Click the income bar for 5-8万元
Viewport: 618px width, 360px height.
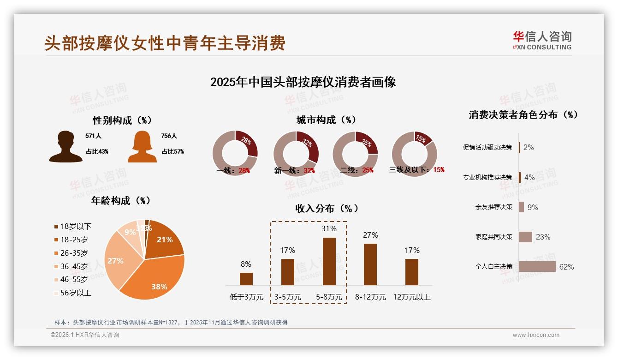click(x=329, y=261)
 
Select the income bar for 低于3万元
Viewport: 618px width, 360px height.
click(x=246, y=279)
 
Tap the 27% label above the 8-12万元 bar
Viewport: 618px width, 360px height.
click(x=370, y=235)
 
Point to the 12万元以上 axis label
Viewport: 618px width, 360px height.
click(x=411, y=297)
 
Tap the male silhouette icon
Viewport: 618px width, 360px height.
click(x=66, y=147)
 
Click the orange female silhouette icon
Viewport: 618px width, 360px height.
click(x=142, y=147)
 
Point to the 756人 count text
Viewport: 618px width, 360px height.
click(x=169, y=136)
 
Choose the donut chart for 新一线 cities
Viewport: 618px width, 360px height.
click(x=296, y=154)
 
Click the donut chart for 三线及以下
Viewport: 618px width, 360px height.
click(x=414, y=154)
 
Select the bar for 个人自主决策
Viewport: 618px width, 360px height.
click(x=537, y=266)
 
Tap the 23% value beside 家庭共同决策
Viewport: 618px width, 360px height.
click(x=543, y=237)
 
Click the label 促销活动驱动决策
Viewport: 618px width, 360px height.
click(x=487, y=147)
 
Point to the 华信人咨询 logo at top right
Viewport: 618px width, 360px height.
click(x=542, y=40)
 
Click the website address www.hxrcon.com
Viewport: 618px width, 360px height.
click(x=536, y=335)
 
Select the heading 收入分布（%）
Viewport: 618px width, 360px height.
click(x=327, y=208)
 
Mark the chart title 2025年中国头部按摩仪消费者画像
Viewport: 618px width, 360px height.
click(x=303, y=82)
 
